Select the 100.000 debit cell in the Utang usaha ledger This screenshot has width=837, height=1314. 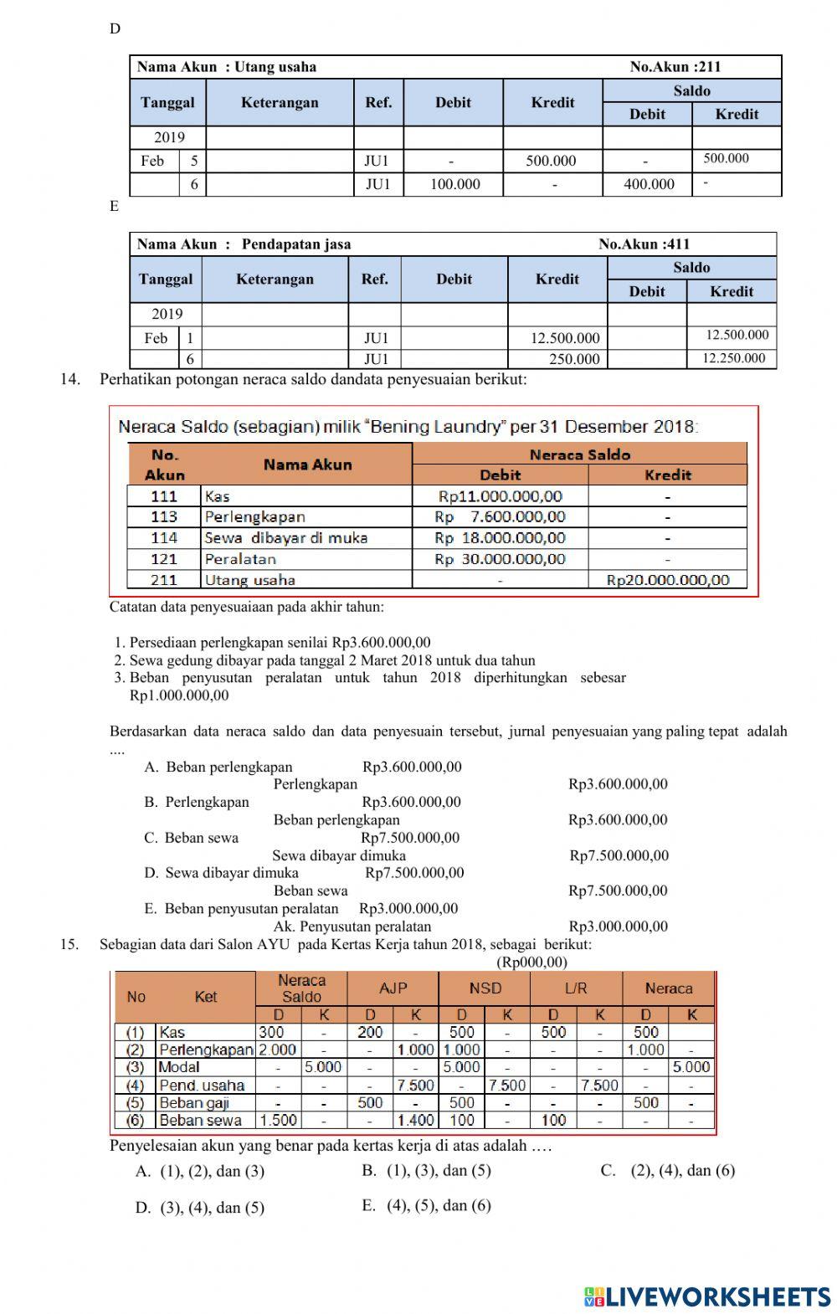coord(454,184)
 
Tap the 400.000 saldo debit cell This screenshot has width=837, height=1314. coord(649,184)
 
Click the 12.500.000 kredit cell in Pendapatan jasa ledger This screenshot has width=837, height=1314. coord(565,338)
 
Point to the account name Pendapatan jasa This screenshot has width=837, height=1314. coord(296,244)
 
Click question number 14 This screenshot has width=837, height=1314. coord(69,379)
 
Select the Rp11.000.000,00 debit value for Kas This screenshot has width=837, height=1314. coord(500,496)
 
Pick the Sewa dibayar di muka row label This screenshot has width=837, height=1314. coord(285,538)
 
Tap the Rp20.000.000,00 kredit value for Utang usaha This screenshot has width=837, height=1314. coord(667,580)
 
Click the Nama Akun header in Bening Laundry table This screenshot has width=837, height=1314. coord(307,465)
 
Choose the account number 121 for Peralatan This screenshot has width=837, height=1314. coord(164,559)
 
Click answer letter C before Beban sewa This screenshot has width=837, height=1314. coord(151,838)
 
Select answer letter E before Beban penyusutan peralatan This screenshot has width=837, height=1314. coord(151,909)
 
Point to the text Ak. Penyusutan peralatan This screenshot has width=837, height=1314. coord(352,926)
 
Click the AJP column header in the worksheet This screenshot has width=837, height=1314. coord(393,988)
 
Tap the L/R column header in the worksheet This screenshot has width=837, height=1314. coord(576,988)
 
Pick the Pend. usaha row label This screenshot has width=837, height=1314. coord(202,1086)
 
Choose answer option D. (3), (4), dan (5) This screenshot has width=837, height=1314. coord(200,1208)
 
